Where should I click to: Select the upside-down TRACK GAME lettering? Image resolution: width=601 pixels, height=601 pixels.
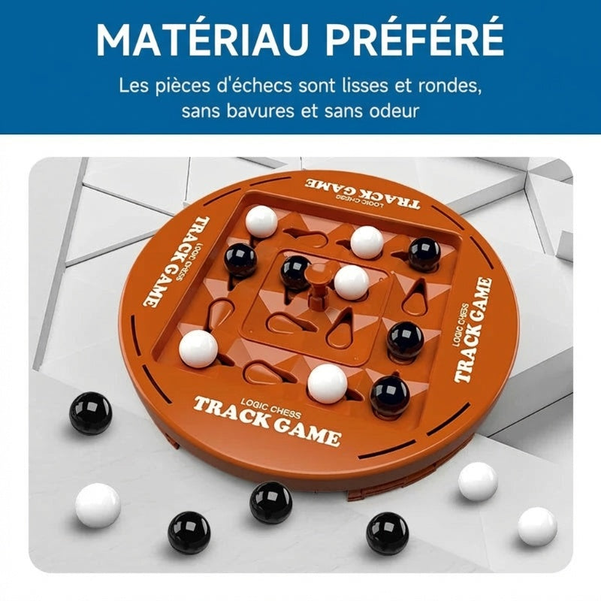363,194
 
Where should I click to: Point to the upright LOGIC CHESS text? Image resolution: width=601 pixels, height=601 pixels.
270,407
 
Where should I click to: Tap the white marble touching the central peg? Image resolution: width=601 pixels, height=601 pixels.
352,282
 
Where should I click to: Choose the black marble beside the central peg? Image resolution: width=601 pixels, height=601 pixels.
295,272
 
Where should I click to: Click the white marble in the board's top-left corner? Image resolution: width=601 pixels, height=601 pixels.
261,222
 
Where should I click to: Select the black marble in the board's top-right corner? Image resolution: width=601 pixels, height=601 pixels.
424,254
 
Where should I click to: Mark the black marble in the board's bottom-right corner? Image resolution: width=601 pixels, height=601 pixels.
390,396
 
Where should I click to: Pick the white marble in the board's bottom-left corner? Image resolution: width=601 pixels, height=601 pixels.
198,349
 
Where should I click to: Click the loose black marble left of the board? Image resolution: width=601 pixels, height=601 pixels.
90,412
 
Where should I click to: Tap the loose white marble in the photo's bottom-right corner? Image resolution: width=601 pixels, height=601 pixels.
537,527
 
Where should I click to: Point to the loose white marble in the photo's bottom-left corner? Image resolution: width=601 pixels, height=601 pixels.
98,505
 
